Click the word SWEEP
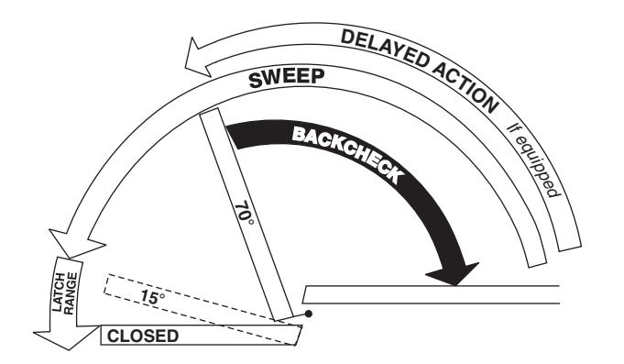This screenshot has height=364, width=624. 287,79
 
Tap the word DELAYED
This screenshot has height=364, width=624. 385,48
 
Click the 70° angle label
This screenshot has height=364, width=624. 245,214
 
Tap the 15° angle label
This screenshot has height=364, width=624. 152,297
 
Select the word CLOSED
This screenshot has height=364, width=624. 143,336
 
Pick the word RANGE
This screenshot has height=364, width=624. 71,293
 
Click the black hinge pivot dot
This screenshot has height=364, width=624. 308,314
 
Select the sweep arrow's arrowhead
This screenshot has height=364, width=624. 76,243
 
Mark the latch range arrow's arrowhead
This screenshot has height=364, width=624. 67,336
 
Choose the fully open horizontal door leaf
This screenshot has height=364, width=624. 431,294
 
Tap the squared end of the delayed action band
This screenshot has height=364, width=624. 570,246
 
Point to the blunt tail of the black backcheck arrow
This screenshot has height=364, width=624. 233,138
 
